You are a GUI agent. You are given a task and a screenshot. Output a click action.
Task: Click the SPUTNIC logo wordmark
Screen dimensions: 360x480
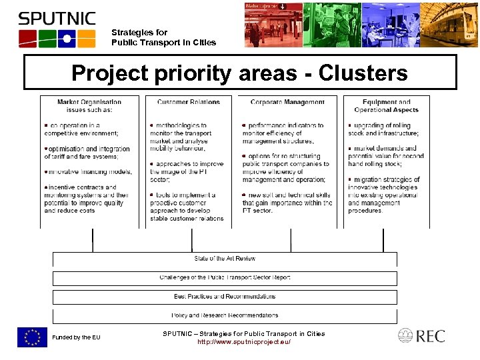(x=57, y=19)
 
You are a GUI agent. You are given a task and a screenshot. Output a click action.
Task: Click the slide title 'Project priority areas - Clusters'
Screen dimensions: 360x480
(x=239, y=72)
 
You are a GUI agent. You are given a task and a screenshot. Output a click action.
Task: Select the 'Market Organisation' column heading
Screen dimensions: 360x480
(x=89, y=105)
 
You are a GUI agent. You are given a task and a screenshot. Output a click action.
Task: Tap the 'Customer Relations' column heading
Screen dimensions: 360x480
(x=189, y=102)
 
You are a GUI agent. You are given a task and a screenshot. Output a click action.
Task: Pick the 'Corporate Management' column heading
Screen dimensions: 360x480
(x=287, y=102)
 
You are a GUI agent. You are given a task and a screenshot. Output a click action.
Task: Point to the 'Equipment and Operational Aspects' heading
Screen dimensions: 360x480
(x=387, y=106)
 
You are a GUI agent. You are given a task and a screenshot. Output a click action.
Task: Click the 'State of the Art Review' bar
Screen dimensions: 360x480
(x=225, y=259)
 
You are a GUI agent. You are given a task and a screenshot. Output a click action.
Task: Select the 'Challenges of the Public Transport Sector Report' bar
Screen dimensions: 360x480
(x=225, y=277)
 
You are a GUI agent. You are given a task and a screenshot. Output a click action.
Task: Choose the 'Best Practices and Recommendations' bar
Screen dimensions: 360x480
(x=225, y=297)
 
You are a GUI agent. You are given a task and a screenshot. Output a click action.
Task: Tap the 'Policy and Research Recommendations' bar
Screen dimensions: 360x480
(x=225, y=315)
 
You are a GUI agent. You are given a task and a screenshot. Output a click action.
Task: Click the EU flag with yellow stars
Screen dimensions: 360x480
(x=32, y=337)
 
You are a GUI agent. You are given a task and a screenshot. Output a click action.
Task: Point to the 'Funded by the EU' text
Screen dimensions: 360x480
(x=77, y=337)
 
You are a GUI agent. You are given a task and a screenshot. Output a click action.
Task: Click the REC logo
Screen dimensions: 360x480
(x=421, y=336)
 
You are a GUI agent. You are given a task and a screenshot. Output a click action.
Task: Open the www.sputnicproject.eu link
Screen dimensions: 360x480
(x=244, y=342)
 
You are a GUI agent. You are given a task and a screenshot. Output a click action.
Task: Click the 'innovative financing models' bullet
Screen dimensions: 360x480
(x=89, y=172)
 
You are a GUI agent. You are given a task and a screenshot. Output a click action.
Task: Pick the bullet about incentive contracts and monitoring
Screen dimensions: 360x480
(x=87, y=199)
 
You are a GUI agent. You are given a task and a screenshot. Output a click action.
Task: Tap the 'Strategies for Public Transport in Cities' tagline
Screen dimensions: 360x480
(x=163, y=37)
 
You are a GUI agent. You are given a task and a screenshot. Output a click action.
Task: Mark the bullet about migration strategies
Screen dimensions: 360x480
(x=385, y=195)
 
